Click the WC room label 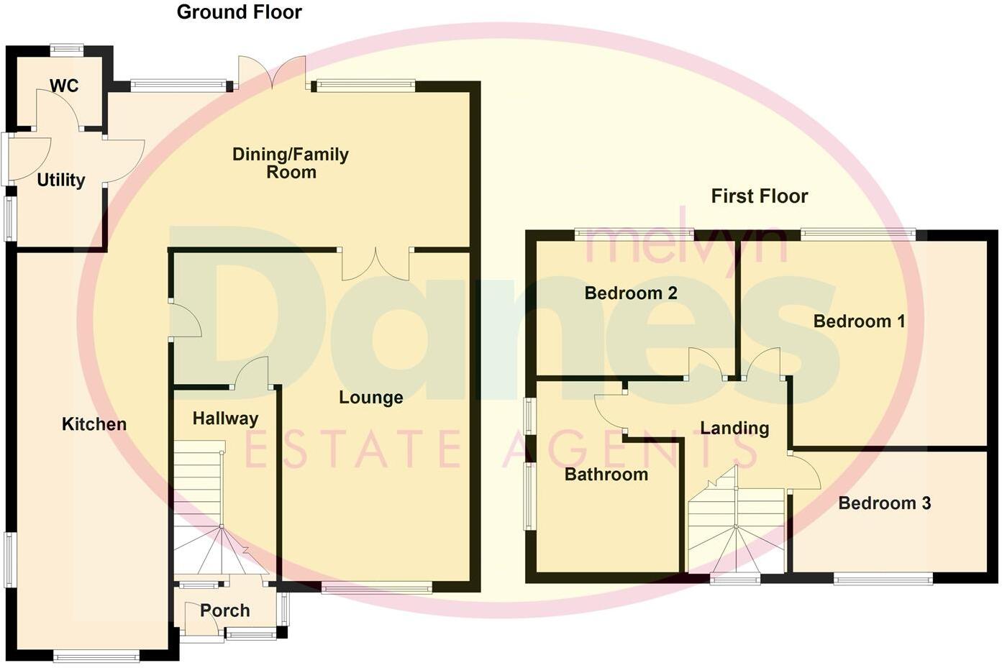(x=64, y=86)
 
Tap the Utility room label (x=61, y=180)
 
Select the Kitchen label (x=94, y=424)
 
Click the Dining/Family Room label (x=291, y=163)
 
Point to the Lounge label (x=371, y=398)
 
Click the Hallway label (x=225, y=418)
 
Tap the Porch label (x=225, y=610)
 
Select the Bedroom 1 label (x=859, y=321)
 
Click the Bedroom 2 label (x=631, y=293)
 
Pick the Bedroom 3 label (x=884, y=503)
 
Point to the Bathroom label (x=606, y=475)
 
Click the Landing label (x=734, y=429)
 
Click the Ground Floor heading (x=239, y=12)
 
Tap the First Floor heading (x=760, y=196)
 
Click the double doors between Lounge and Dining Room (x=375, y=263)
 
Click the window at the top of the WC (x=67, y=50)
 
